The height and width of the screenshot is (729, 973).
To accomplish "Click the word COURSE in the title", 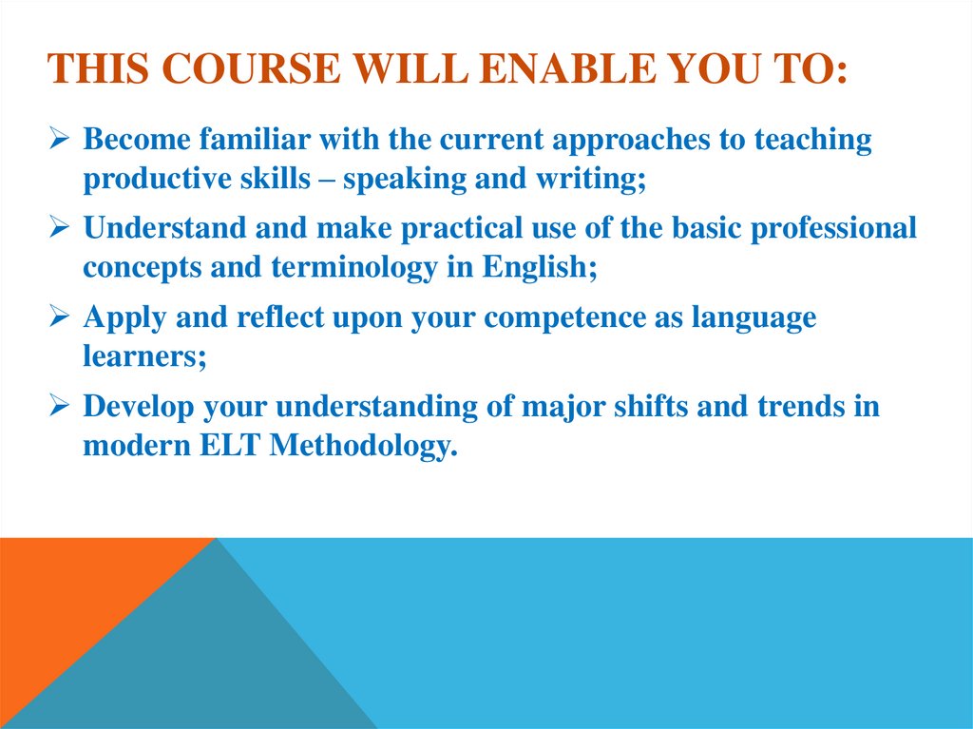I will coord(236,70).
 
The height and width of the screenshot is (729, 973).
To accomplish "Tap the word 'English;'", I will coord(539,268).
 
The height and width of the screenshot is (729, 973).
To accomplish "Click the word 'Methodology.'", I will coord(364,446).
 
